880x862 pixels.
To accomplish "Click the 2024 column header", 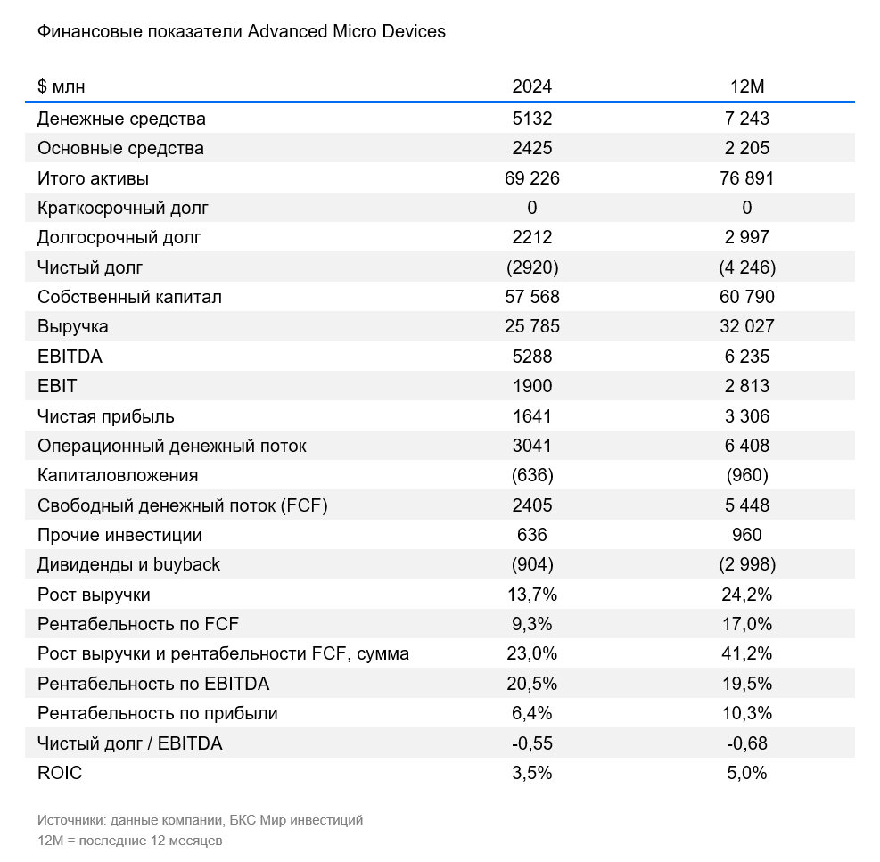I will click(x=531, y=86).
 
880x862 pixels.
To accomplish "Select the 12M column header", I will click(x=746, y=86).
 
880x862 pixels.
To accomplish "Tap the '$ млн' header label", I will click(x=62, y=86).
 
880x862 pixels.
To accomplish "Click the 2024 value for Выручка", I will click(x=531, y=326).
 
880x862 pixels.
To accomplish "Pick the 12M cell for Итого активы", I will click(x=746, y=178).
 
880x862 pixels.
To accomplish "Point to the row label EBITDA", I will click(x=70, y=357).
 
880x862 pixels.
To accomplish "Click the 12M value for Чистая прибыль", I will click(x=746, y=416).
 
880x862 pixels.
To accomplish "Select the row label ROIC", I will click(x=60, y=773).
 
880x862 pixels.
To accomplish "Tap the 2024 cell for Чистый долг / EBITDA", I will click(x=531, y=743).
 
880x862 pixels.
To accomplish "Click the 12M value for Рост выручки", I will click(x=746, y=595).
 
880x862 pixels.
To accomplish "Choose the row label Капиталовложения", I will click(x=118, y=475).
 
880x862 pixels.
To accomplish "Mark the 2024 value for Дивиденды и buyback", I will click(x=531, y=564).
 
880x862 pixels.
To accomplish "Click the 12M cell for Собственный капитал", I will click(x=746, y=297).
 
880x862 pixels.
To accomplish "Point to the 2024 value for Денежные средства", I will click(x=531, y=119).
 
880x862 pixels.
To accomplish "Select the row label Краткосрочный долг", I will click(x=123, y=208).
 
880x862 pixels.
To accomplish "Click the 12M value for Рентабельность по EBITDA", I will click(x=746, y=684).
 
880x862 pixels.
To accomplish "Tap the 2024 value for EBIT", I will click(x=531, y=386).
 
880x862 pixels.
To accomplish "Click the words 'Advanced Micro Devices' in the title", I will click(x=347, y=32).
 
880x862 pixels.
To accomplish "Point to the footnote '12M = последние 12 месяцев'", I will click(x=129, y=841).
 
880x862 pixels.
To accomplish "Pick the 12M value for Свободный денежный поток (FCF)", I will click(x=746, y=505).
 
